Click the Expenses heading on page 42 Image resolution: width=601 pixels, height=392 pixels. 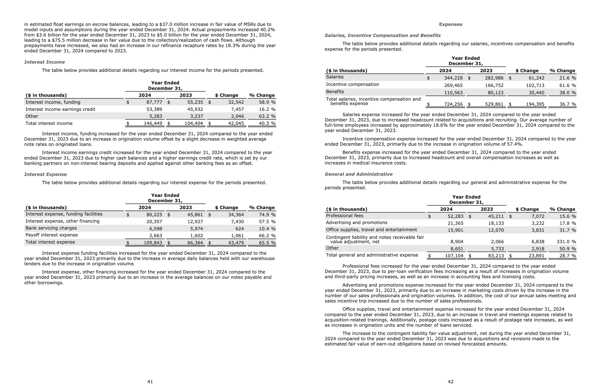[451, 24]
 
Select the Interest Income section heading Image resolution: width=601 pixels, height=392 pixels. [44, 62]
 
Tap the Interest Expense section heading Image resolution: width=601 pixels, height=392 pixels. [46, 174]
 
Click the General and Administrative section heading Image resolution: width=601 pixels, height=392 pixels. [359, 174]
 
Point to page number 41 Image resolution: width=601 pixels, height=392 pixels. [150, 381]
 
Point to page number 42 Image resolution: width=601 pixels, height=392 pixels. [451, 381]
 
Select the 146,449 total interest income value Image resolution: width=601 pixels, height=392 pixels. [153, 123]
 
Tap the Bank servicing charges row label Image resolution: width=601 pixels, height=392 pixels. [51, 228]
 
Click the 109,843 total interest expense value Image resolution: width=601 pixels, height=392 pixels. [153, 243]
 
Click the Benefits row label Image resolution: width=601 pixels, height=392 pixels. [335, 92]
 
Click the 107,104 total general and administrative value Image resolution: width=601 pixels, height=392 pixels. [454, 255]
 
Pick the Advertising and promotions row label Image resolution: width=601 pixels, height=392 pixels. [356, 222]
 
